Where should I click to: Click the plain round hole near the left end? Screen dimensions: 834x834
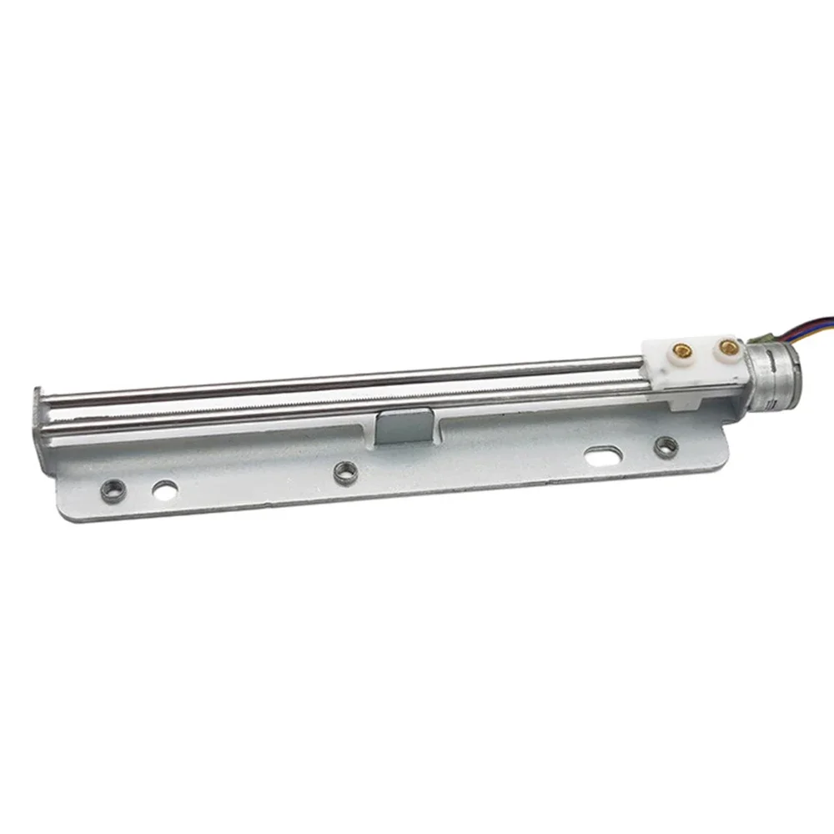[x=164, y=489]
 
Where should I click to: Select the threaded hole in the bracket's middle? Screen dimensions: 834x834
[x=345, y=472]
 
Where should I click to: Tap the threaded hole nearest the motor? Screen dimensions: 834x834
[x=665, y=447]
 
